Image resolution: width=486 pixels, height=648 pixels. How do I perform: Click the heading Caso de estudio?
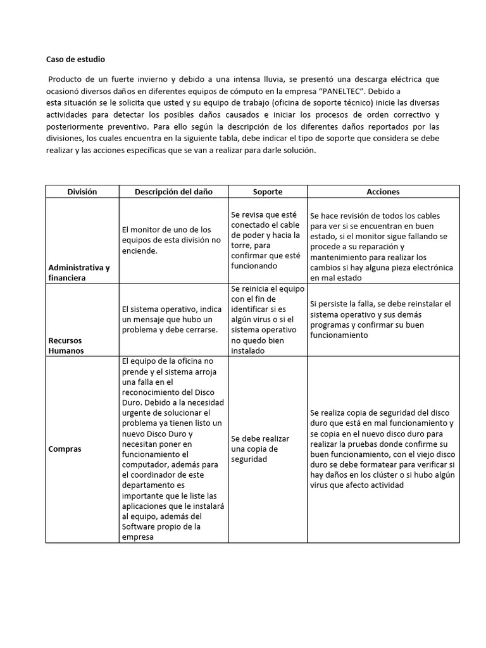76,59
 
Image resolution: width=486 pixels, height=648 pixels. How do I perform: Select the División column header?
82,192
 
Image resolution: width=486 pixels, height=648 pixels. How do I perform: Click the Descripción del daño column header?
173,192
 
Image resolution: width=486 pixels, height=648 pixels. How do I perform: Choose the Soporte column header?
267,192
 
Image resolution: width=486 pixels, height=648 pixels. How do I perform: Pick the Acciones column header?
383,192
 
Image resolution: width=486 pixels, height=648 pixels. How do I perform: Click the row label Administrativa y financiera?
79,272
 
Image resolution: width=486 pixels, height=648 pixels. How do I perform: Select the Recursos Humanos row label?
66,345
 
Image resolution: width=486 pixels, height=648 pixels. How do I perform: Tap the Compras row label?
65,449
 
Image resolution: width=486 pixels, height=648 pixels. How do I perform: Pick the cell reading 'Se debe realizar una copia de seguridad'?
260,449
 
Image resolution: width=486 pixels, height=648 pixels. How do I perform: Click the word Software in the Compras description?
144,526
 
